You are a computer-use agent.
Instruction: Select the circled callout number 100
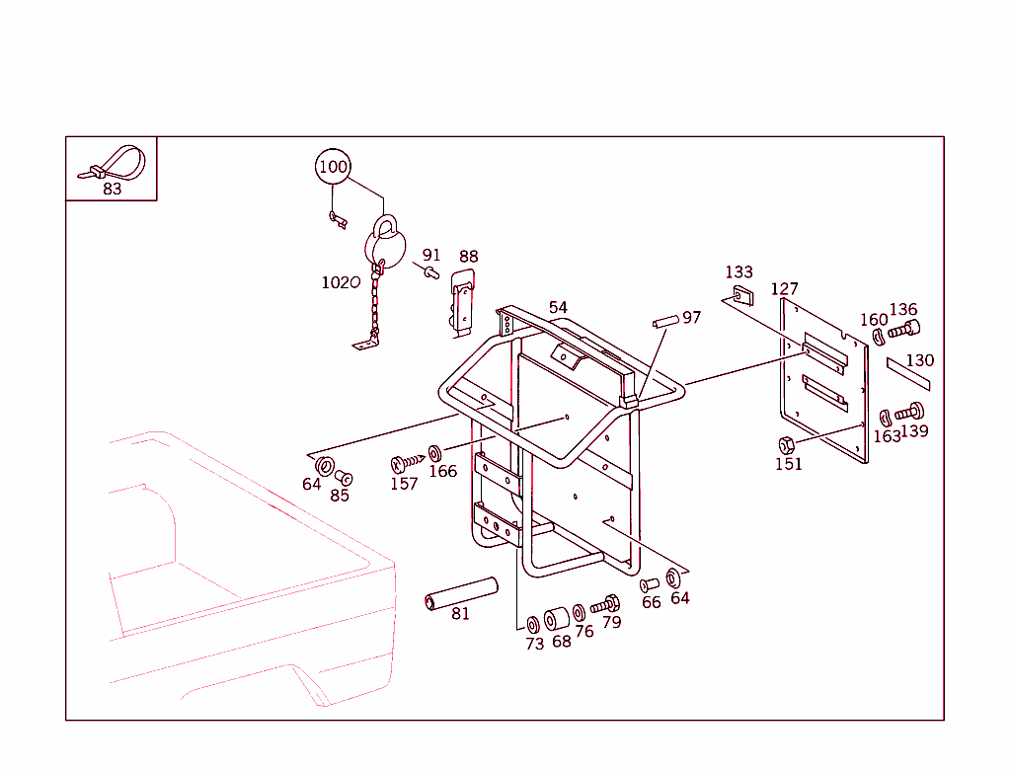334,167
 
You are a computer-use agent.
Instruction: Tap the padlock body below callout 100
384,244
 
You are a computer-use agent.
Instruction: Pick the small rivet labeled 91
430,271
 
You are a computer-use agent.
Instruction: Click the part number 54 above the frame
558,308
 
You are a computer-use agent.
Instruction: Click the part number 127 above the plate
784,289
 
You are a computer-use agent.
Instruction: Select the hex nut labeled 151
787,444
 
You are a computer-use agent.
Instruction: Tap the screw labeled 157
408,461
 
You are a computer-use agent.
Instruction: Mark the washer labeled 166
435,453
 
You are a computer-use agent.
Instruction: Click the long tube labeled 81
459,590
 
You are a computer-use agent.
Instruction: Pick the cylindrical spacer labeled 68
557,619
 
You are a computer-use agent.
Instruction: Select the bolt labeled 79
605,603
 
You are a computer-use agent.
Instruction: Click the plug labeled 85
344,478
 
